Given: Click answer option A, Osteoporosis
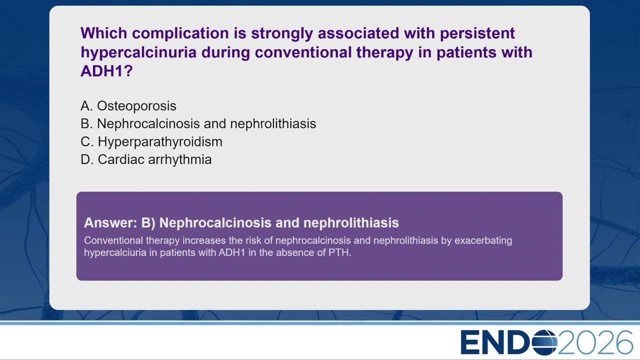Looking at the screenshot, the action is (x=128, y=106).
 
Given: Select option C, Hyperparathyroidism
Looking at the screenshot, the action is (x=151, y=142).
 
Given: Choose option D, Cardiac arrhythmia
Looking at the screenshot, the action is (x=146, y=159).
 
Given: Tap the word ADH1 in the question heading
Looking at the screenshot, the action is (x=106, y=71).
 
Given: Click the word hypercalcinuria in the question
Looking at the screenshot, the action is (x=138, y=52).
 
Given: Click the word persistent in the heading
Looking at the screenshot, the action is (x=477, y=33).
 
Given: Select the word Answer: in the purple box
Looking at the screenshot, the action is (x=111, y=222).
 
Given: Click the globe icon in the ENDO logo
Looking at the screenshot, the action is (x=544, y=342).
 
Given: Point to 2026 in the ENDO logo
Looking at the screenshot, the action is (x=595, y=342).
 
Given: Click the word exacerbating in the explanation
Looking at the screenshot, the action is (x=483, y=240).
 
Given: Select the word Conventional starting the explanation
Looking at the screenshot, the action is (x=113, y=240).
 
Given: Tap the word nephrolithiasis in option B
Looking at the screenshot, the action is (x=273, y=123).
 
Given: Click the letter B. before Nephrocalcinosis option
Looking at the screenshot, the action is (x=86, y=123).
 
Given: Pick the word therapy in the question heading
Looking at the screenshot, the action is (x=384, y=52).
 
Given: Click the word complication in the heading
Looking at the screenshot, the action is (x=180, y=33).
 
